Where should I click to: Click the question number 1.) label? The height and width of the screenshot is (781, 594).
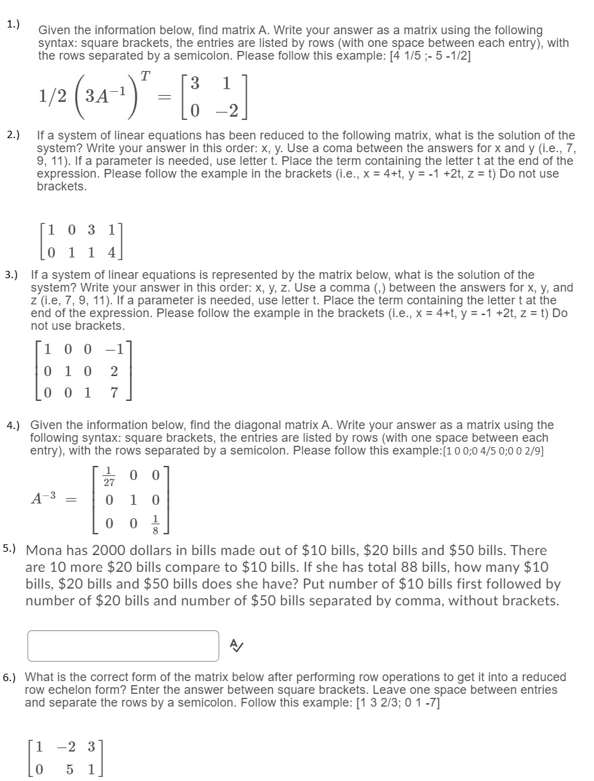[x=13, y=24]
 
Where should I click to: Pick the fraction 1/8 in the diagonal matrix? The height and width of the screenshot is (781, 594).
[x=156, y=522]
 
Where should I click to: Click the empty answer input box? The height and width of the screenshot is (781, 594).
[x=123, y=645]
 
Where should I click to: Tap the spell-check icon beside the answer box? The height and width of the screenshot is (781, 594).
[x=236, y=645]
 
